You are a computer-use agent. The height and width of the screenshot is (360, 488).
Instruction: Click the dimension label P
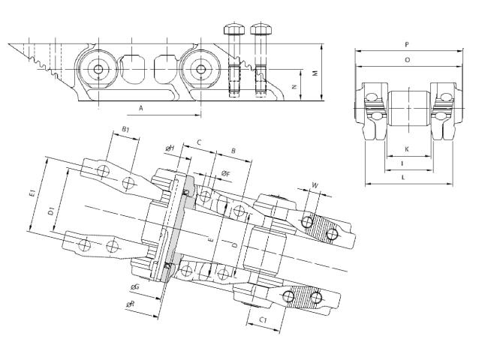coord(407,45)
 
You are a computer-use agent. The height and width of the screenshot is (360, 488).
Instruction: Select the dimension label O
coord(408,60)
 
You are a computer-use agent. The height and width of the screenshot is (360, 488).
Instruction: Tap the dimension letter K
coord(407,149)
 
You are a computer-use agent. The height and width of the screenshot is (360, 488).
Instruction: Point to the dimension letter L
coord(404,178)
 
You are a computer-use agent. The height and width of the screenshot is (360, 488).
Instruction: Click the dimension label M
coord(315,73)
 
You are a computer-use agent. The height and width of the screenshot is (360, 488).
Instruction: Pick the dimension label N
coord(294,87)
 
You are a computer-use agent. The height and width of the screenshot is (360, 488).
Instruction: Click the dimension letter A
coord(141,108)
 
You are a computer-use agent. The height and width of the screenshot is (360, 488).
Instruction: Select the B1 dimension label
coord(125,129)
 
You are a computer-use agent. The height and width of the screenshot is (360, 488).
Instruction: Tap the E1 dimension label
coord(32,193)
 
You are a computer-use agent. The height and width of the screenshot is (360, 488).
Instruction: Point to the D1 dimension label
coord(51,212)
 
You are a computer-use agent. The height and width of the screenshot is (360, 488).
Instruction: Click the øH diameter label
coord(170,148)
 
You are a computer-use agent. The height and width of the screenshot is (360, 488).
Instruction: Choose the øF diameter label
coord(226,174)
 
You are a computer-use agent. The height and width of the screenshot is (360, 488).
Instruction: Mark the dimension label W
coord(315,185)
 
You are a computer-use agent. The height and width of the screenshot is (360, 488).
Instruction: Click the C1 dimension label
coord(264,319)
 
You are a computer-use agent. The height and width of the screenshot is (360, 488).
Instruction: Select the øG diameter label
coord(134,287)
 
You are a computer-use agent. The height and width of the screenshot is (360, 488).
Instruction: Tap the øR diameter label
coord(131,304)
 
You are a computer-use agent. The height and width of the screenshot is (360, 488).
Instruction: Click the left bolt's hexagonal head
coord(234,29)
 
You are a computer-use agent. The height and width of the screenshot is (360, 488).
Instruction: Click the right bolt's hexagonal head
coord(261,29)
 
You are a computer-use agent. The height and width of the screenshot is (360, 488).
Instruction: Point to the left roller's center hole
coord(98,69)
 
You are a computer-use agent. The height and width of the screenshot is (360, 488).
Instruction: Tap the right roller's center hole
coord(200,69)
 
